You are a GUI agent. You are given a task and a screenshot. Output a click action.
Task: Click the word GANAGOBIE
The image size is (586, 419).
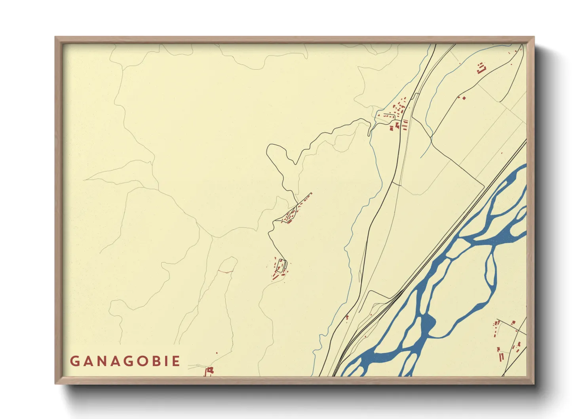(x=125, y=361)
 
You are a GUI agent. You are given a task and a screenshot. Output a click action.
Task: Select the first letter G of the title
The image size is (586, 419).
(x=74, y=361)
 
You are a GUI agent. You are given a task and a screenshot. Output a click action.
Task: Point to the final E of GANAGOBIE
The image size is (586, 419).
(x=176, y=361)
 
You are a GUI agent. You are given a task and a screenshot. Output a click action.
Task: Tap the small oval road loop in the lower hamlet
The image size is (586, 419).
(x=282, y=265)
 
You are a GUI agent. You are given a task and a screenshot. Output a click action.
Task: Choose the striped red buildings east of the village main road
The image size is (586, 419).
(x=405, y=125)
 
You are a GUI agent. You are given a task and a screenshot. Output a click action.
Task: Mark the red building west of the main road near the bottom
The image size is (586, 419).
(x=347, y=317)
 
